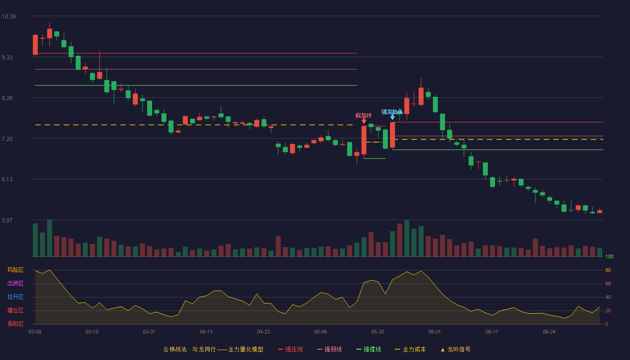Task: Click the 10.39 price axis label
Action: (9, 17)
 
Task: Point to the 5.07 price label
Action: (7, 220)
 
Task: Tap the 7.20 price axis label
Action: (7, 139)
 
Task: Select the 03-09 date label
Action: (35, 332)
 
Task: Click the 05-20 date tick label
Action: (378, 332)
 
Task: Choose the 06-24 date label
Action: (549, 332)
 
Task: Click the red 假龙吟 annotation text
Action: (364, 116)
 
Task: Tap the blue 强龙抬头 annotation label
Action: (392, 112)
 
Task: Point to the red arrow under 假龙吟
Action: (364, 121)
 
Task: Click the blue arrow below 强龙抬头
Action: (392, 117)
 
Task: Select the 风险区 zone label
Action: (15, 270)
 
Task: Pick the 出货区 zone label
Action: (15, 283)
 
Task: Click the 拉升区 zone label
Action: (15, 297)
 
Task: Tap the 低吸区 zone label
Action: (15, 324)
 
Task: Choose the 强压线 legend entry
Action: (290, 349)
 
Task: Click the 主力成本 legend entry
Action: (410, 349)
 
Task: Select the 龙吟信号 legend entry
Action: (455, 349)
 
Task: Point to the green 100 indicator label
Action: (609, 256)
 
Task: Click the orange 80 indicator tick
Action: (608, 270)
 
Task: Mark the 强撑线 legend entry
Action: (369, 349)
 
